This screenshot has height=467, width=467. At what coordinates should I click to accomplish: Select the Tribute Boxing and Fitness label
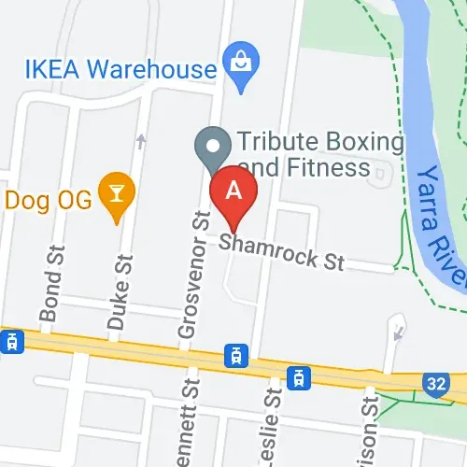pyautogui.click(x=318, y=155)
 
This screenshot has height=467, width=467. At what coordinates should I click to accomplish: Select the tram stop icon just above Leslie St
pyautogui.click(x=298, y=377)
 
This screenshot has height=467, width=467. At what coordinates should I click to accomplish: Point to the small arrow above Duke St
pyautogui.click(x=140, y=142)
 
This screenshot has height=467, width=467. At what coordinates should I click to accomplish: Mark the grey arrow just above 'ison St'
pyautogui.click(x=399, y=329)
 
